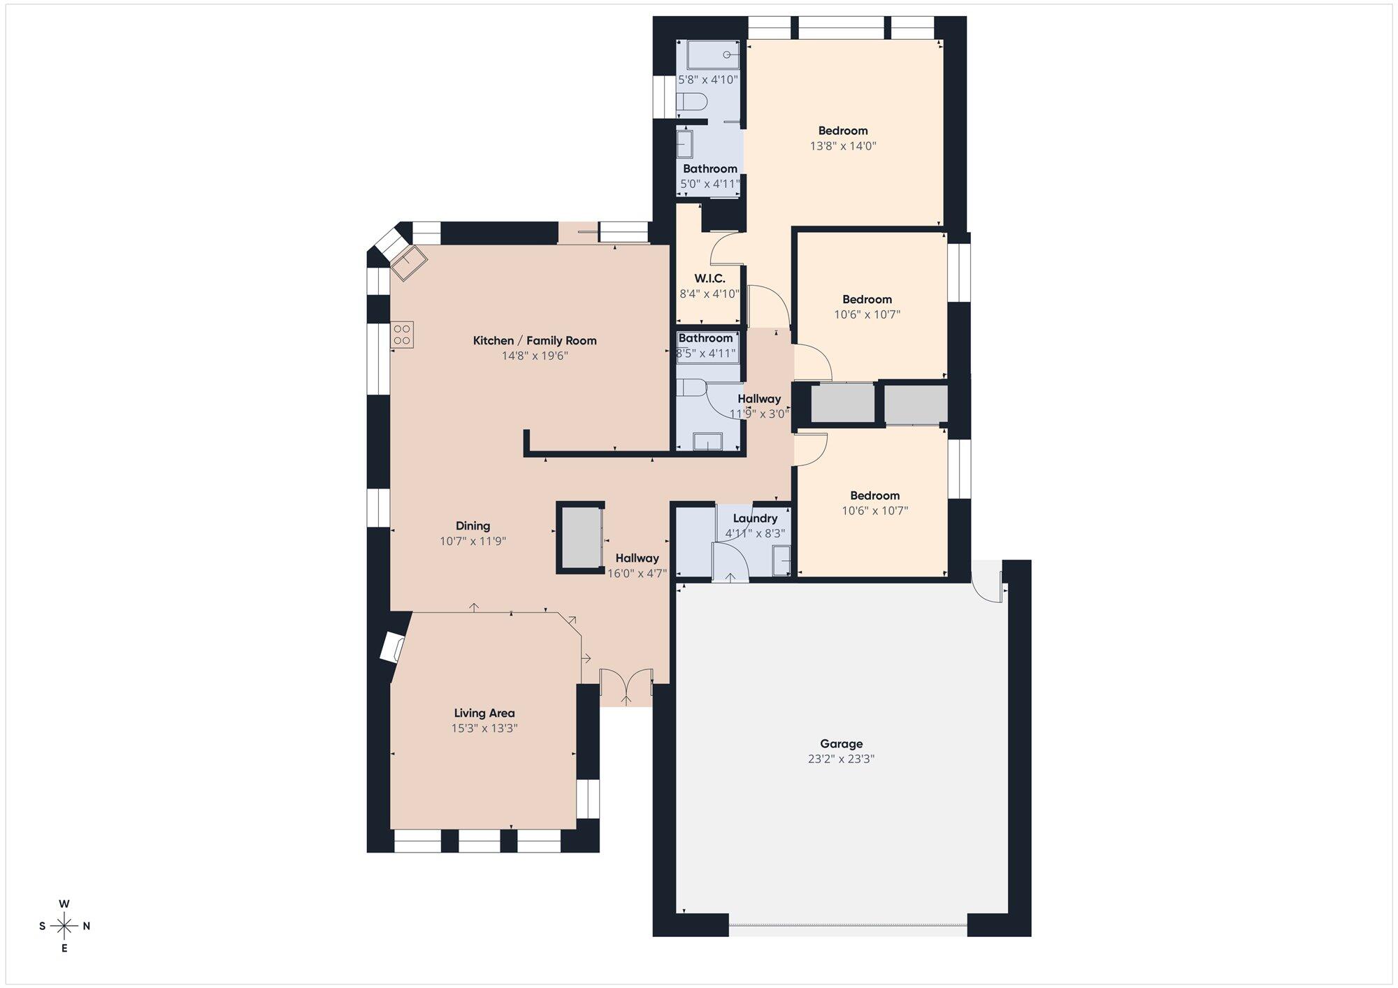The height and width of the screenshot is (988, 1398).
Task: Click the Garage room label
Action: [841, 743]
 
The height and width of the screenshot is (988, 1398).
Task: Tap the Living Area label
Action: [484, 713]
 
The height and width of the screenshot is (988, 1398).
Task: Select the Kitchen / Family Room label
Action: [535, 340]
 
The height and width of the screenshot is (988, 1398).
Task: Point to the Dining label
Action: [473, 525]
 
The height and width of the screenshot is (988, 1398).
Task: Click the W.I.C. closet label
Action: [709, 279]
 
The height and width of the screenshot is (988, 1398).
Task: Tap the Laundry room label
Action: [755, 518]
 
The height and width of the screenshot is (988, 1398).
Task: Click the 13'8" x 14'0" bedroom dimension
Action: [843, 146]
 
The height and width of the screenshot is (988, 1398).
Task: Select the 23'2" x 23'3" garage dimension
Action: [841, 759]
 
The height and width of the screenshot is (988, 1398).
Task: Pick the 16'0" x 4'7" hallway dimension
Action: [637, 573]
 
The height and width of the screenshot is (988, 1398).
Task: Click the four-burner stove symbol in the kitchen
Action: [402, 334]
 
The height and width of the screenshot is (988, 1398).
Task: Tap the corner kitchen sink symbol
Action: [409, 263]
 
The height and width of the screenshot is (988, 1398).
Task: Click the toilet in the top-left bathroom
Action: [692, 102]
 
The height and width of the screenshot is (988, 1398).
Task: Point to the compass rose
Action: [64, 927]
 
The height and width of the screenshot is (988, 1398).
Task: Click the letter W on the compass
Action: [64, 903]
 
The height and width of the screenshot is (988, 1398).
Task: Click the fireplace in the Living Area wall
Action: [393, 648]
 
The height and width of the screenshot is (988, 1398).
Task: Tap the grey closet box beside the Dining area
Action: [581, 538]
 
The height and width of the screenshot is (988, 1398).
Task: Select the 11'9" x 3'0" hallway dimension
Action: [759, 414]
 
